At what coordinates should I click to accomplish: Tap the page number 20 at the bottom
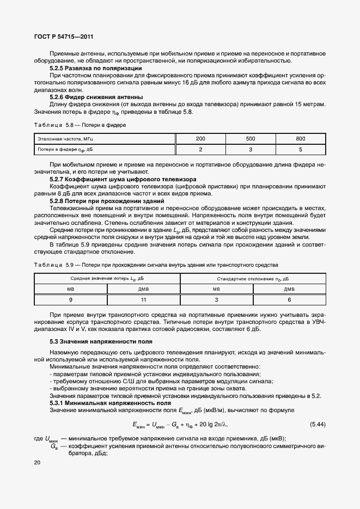[x=37, y=463]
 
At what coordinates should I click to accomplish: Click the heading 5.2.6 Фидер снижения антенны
[x=96, y=96]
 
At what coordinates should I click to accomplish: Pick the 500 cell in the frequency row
[x=251, y=139]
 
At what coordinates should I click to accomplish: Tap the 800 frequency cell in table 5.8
[x=301, y=139]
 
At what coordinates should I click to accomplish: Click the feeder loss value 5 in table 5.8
[x=301, y=149]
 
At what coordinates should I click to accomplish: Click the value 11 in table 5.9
[x=144, y=300]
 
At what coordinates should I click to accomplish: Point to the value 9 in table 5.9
[x=71, y=300]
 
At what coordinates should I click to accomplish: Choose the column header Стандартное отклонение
[x=252, y=278]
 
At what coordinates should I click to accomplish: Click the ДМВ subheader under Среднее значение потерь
[x=144, y=289]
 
